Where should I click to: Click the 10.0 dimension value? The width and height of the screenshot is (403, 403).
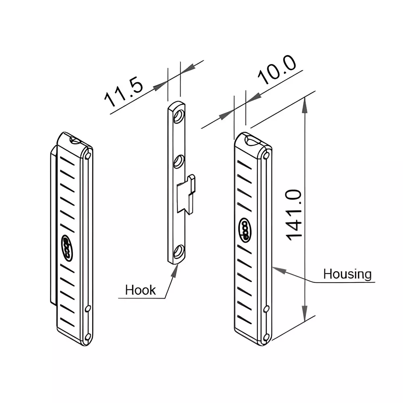(277, 71)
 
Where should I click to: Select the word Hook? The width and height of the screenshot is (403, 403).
(140, 290)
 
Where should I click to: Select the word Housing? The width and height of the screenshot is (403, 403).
(347, 274)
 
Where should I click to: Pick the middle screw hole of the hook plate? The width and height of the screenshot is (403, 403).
(178, 162)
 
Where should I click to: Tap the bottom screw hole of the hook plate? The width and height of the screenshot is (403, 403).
(178, 253)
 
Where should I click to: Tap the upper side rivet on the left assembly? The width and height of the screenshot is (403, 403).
(88, 156)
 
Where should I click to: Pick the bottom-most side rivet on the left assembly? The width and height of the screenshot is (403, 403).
(88, 337)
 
